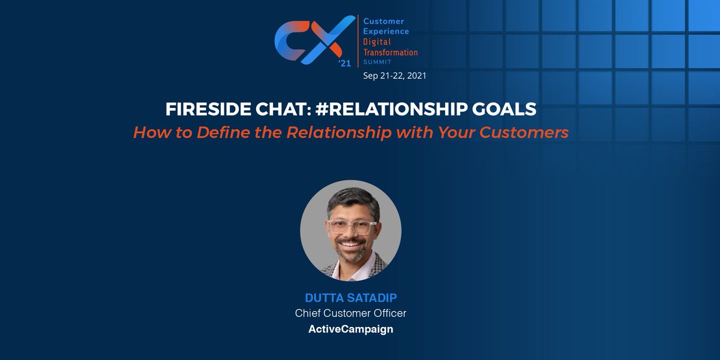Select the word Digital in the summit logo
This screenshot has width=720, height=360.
(x=379, y=41)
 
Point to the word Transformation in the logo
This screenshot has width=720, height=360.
(x=391, y=52)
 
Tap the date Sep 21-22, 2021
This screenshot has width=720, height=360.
(x=395, y=76)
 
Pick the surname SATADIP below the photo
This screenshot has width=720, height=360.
(x=373, y=298)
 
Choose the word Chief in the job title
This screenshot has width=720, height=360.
(x=307, y=313)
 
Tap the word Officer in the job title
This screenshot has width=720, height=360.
(x=390, y=313)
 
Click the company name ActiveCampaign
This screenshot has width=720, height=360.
(x=351, y=329)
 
